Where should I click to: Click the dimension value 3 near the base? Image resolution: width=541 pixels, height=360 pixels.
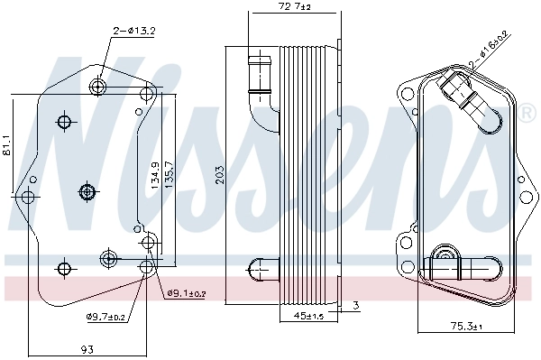[x=356, y=307]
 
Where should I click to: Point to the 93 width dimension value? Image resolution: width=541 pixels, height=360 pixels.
[x=87, y=349]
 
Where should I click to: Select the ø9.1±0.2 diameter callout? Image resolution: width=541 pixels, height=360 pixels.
[x=187, y=293]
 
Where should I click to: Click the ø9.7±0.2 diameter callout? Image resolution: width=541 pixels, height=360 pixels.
[x=106, y=316]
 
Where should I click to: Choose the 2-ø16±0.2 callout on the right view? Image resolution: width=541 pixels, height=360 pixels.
[x=491, y=52]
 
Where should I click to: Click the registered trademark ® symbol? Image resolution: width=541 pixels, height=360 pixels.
[x=526, y=114]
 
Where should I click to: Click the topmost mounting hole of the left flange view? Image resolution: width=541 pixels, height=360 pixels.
[x=98, y=87]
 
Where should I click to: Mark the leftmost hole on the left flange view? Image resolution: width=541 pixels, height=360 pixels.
[x=28, y=196]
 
